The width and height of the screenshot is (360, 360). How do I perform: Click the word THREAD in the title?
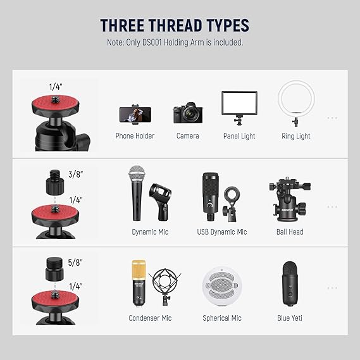pyautogui.click(x=176, y=25)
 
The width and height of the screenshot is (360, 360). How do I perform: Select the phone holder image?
pyautogui.click(x=135, y=115)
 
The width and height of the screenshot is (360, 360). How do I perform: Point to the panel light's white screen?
pyautogui.click(x=239, y=103)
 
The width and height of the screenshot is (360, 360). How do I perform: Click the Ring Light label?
pyautogui.click(x=295, y=136)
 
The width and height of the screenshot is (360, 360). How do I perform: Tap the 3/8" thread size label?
pyautogui.click(x=75, y=174)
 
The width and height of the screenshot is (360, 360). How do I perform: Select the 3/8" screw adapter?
pyautogui.click(x=55, y=182)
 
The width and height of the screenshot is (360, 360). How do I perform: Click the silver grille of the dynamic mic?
pyautogui.click(x=137, y=174)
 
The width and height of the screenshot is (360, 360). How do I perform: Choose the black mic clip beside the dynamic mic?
pyautogui.click(x=160, y=201)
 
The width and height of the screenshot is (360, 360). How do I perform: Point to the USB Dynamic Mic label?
pyautogui.click(x=222, y=232)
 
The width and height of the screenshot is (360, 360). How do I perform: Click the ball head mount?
pyautogui.click(x=290, y=199)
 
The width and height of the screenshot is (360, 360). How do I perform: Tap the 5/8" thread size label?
pyautogui.click(x=75, y=263)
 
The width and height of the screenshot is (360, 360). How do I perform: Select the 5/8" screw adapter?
pyautogui.click(x=54, y=269)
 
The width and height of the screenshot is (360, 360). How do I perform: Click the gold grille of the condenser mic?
pyautogui.click(x=139, y=270)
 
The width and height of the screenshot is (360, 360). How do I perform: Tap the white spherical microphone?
pyautogui.click(x=222, y=287)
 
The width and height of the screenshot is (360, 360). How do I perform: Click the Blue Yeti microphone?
pyautogui.click(x=290, y=284)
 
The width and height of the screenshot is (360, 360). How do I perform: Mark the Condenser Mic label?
pyautogui.click(x=150, y=318)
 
